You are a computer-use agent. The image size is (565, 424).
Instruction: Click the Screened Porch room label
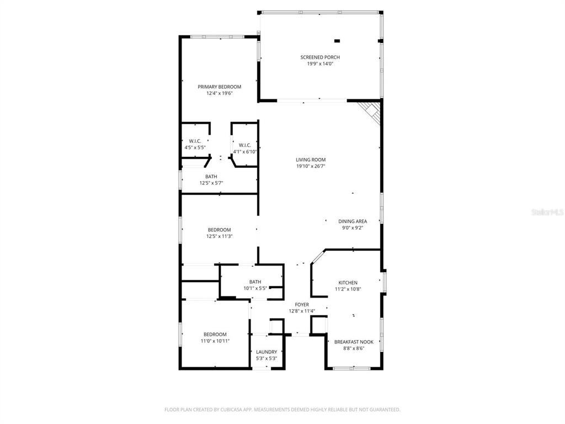[320, 57]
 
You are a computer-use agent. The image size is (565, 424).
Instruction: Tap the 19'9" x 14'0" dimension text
[320, 64]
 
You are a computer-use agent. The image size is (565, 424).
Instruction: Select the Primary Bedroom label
[220, 87]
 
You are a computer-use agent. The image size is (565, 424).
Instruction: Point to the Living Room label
[311, 160]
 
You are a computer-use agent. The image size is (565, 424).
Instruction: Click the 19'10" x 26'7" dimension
[311, 166]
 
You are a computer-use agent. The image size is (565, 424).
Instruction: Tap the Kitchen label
[348, 283]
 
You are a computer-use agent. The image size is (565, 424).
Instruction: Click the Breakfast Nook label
[354, 342]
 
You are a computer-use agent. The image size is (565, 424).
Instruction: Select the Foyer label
[302, 305]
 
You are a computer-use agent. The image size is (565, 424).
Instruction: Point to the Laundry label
[266, 352]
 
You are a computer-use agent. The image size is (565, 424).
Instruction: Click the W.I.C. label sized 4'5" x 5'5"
[194, 141]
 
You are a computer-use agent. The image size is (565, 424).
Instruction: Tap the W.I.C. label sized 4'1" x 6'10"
[245, 145]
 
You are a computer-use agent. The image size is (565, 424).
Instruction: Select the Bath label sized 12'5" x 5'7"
[211, 177]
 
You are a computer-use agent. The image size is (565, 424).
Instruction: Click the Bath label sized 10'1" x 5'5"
[255, 282]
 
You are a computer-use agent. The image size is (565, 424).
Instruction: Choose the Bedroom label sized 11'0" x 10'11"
[215, 335]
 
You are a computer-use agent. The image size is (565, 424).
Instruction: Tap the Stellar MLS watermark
[547, 211]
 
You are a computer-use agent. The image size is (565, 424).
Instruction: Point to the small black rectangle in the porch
[337, 40]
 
